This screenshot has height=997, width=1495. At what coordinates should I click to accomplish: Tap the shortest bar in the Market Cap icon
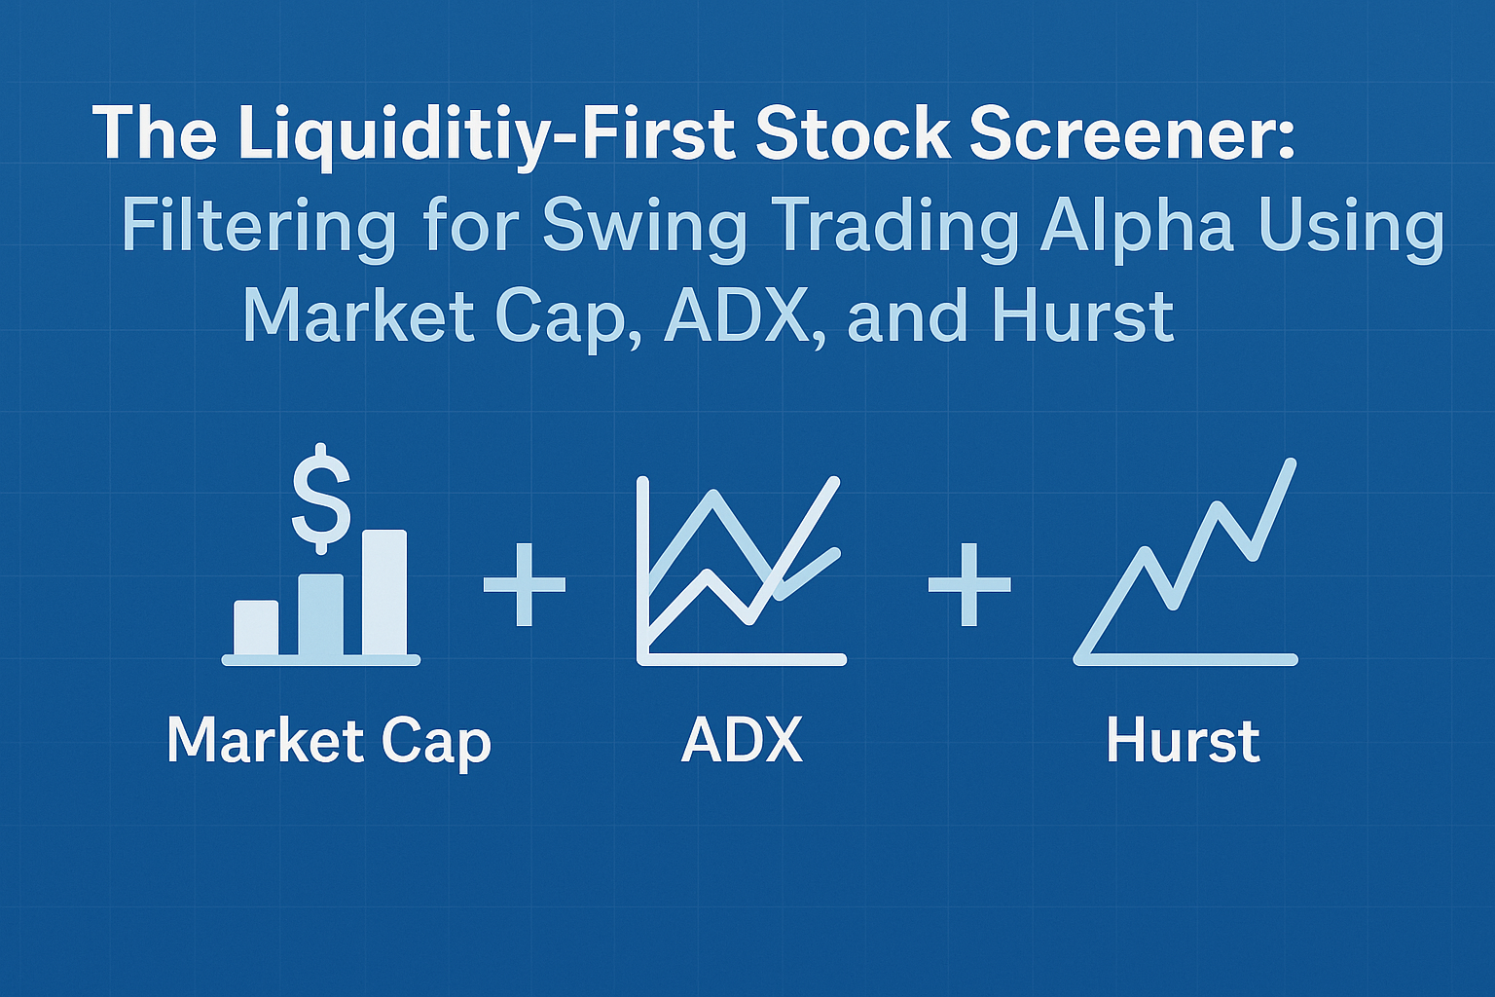256,628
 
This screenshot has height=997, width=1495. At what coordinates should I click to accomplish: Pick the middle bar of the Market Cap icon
320,614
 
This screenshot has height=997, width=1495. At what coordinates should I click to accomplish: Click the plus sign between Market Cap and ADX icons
525,584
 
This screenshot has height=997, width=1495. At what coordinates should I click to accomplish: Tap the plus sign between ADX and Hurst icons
968,584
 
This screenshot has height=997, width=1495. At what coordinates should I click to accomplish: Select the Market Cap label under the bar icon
329,742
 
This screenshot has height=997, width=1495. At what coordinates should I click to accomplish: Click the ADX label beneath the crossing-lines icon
742,742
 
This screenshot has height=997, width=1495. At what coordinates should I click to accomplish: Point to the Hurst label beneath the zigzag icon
1183,742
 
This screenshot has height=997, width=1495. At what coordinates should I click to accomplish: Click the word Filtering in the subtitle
258,227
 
